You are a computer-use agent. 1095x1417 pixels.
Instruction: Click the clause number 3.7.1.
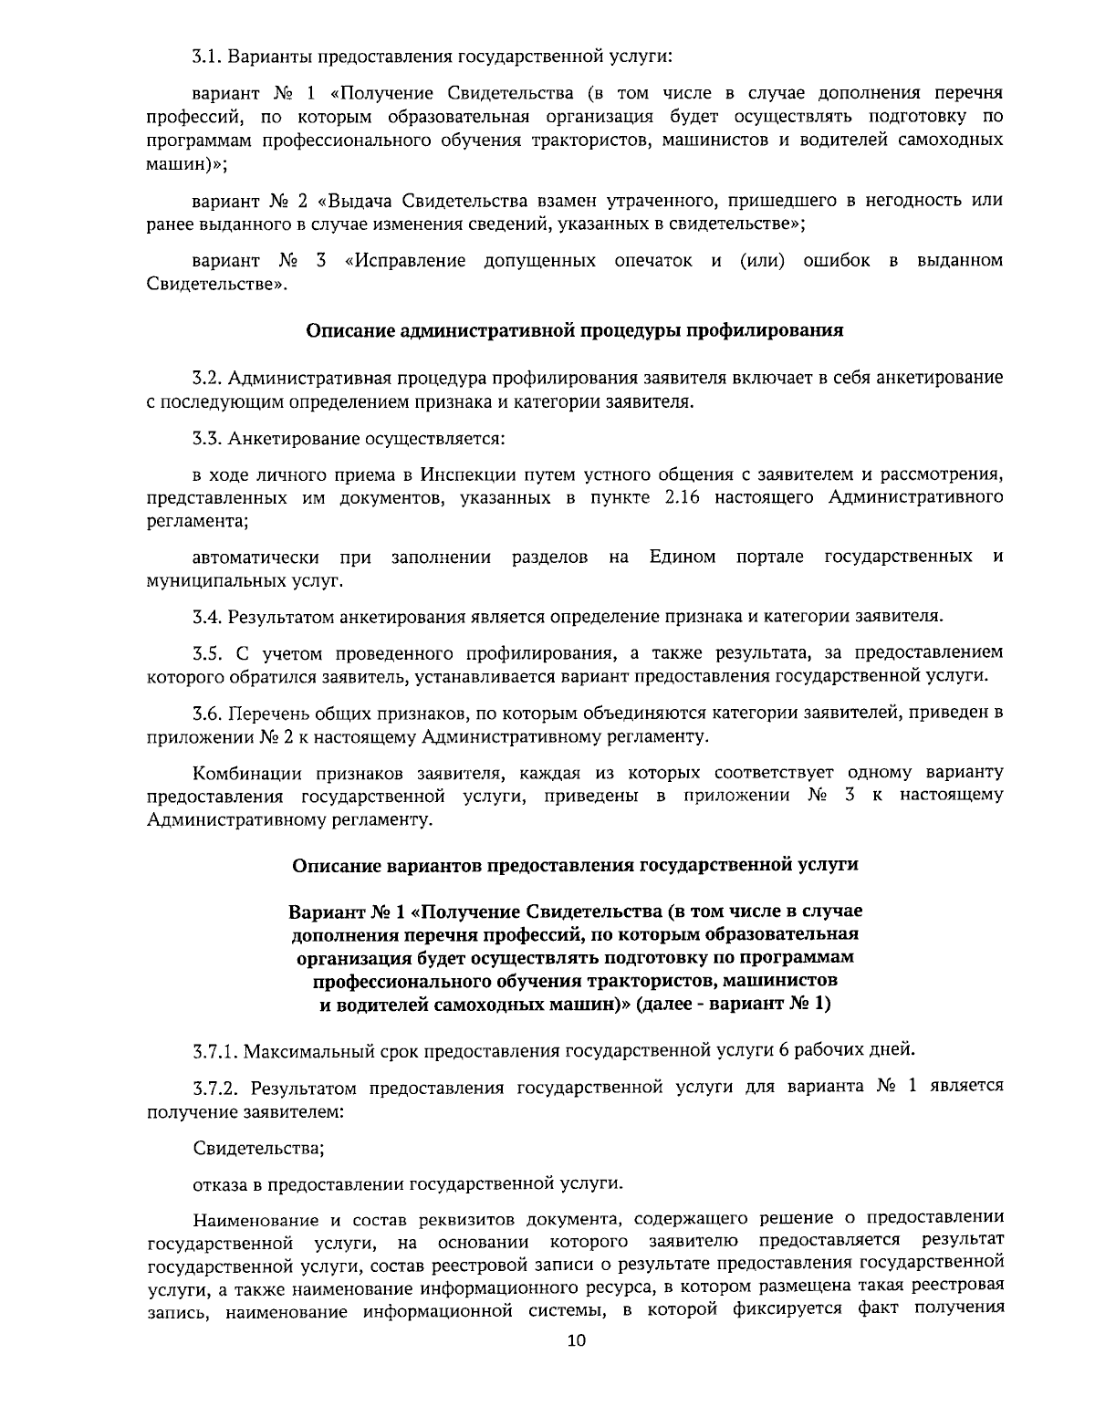coord(214,1050)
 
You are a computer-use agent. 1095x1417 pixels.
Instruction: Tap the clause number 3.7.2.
coord(214,1087)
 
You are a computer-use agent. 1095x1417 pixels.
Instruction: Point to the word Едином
coord(683,557)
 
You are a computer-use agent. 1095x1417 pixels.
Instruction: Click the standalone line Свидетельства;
coord(258,1148)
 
